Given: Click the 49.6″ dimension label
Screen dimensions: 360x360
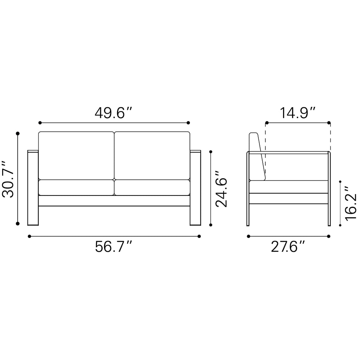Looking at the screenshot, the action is click(x=114, y=113).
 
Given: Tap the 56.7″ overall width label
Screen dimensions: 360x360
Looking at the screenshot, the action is click(x=114, y=246).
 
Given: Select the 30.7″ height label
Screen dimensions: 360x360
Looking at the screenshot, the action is click(x=8, y=179).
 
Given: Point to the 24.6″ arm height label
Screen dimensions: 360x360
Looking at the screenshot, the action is click(x=221, y=189).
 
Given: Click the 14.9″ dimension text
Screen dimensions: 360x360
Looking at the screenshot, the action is click(x=297, y=113).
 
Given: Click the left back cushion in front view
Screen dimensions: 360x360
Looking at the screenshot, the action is click(x=76, y=155).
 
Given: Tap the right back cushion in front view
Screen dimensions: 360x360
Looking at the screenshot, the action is click(x=152, y=155).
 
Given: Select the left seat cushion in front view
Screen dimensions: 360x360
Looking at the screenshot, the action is click(x=76, y=187).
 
